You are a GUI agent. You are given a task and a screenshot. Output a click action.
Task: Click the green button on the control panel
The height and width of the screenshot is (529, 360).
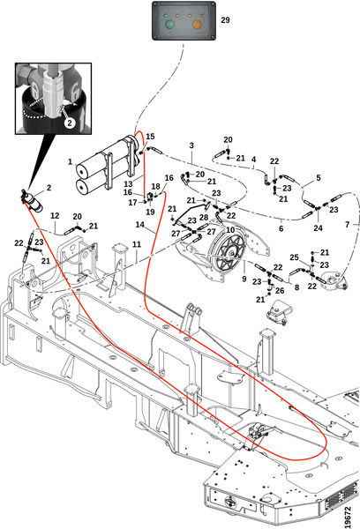[x=169, y=25]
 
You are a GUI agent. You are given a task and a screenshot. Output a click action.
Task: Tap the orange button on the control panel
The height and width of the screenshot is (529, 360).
[x=198, y=25]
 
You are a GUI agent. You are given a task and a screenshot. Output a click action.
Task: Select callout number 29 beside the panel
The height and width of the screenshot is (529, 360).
[x=225, y=20]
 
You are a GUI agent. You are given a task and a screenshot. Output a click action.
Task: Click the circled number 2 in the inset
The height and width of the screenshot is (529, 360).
[x=70, y=123]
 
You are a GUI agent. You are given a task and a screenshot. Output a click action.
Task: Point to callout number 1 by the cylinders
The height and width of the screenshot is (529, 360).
[x=70, y=161]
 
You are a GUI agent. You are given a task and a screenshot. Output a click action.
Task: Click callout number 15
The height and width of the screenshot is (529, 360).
[x=150, y=137]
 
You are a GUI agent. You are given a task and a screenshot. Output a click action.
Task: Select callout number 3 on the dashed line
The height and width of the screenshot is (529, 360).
[x=191, y=145]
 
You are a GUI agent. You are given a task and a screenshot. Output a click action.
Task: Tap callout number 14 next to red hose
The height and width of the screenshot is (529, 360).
[x=139, y=224]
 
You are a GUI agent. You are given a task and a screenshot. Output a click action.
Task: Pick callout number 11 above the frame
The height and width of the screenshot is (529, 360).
[x=137, y=244]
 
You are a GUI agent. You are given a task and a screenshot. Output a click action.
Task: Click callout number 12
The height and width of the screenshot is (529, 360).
[x=55, y=215]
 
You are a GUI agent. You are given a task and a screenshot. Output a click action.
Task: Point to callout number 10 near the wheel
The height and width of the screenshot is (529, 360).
[x=230, y=230]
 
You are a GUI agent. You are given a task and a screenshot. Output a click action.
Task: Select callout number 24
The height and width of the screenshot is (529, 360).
[x=318, y=228]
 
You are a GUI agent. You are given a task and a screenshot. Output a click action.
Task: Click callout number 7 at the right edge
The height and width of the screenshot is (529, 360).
[x=347, y=224]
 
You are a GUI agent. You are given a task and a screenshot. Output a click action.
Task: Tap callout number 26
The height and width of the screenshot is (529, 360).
[x=280, y=290]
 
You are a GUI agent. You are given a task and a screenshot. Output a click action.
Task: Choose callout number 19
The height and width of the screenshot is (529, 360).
[x=150, y=212]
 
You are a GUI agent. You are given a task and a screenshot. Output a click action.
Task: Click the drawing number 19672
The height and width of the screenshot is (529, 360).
[x=349, y=517]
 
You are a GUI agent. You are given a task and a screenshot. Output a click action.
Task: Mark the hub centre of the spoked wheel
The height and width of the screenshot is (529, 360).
[x=231, y=252]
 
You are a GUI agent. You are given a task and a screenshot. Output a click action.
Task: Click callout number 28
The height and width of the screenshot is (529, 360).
[x=204, y=217]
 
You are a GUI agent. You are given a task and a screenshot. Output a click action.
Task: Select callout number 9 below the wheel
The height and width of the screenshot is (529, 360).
[x=244, y=279]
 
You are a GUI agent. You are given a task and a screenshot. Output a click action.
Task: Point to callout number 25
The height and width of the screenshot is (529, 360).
[x=294, y=257]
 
